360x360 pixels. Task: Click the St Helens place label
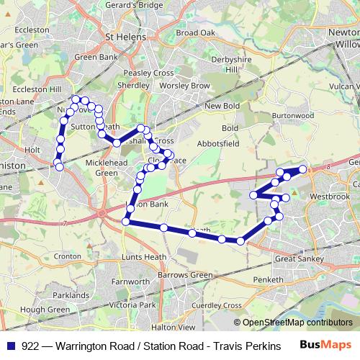tap(126, 38)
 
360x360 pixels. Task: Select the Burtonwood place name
tap(294, 114)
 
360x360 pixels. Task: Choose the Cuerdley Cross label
tap(216, 305)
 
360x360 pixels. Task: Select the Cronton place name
tap(67, 256)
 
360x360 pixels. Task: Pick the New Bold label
tap(222, 107)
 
